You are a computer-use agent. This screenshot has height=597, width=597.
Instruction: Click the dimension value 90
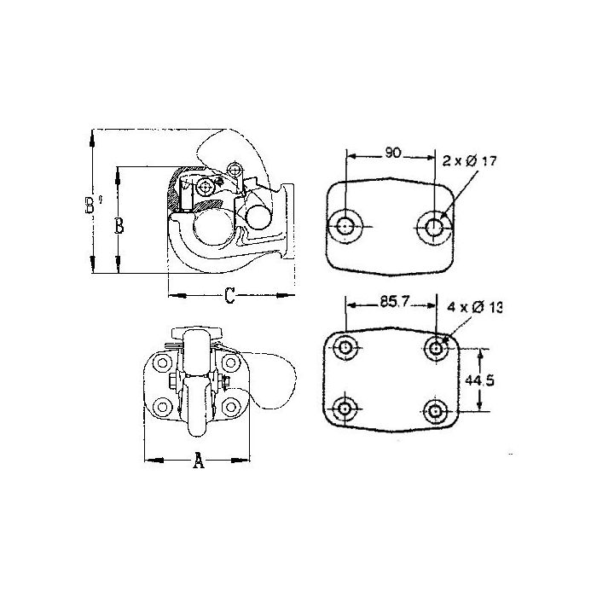point(393,153)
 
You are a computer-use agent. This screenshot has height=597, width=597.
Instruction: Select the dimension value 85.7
point(394,302)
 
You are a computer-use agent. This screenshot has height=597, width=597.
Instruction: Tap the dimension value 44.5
point(479,380)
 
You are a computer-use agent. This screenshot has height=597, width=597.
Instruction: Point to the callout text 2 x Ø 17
point(470,161)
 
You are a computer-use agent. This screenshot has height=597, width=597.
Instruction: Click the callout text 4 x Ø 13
point(474,307)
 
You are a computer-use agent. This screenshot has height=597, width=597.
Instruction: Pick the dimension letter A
point(199,460)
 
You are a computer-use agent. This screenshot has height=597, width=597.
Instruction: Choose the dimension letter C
point(229,295)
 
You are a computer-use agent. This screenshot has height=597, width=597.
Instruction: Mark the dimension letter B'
point(92,205)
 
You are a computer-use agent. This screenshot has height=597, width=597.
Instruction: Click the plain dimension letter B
point(119,225)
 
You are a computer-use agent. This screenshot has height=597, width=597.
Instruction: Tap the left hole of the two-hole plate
point(345,226)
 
